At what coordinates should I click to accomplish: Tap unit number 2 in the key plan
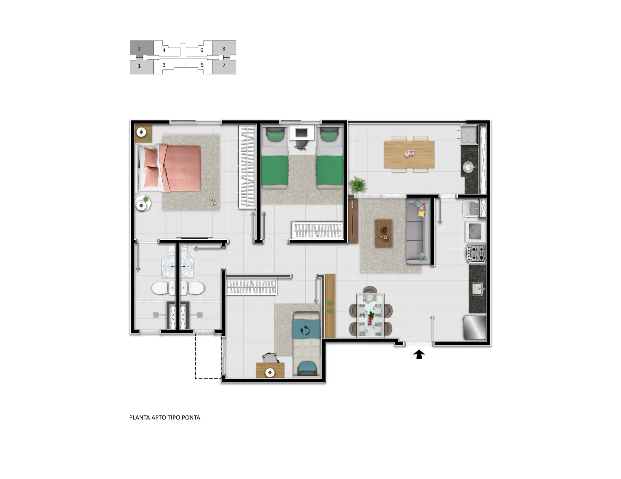(x=139, y=49)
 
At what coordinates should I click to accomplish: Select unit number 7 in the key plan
(x=223, y=65)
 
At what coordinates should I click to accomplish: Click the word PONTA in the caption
(x=191, y=418)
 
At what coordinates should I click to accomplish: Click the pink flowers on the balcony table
(x=409, y=153)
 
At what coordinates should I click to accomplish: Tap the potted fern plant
(x=358, y=185)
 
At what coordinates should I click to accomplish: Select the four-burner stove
(x=476, y=254)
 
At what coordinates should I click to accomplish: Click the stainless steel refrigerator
(x=475, y=327)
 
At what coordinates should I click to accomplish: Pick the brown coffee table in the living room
(x=384, y=234)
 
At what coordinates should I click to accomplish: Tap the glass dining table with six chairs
(x=370, y=315)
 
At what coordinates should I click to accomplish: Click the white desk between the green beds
(x=301, y=133)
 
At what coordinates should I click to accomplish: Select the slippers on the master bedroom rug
(x=212, y=201)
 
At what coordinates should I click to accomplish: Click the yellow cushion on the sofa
(x=421, y=213)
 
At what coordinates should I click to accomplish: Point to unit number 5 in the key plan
(x=202, y=65)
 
